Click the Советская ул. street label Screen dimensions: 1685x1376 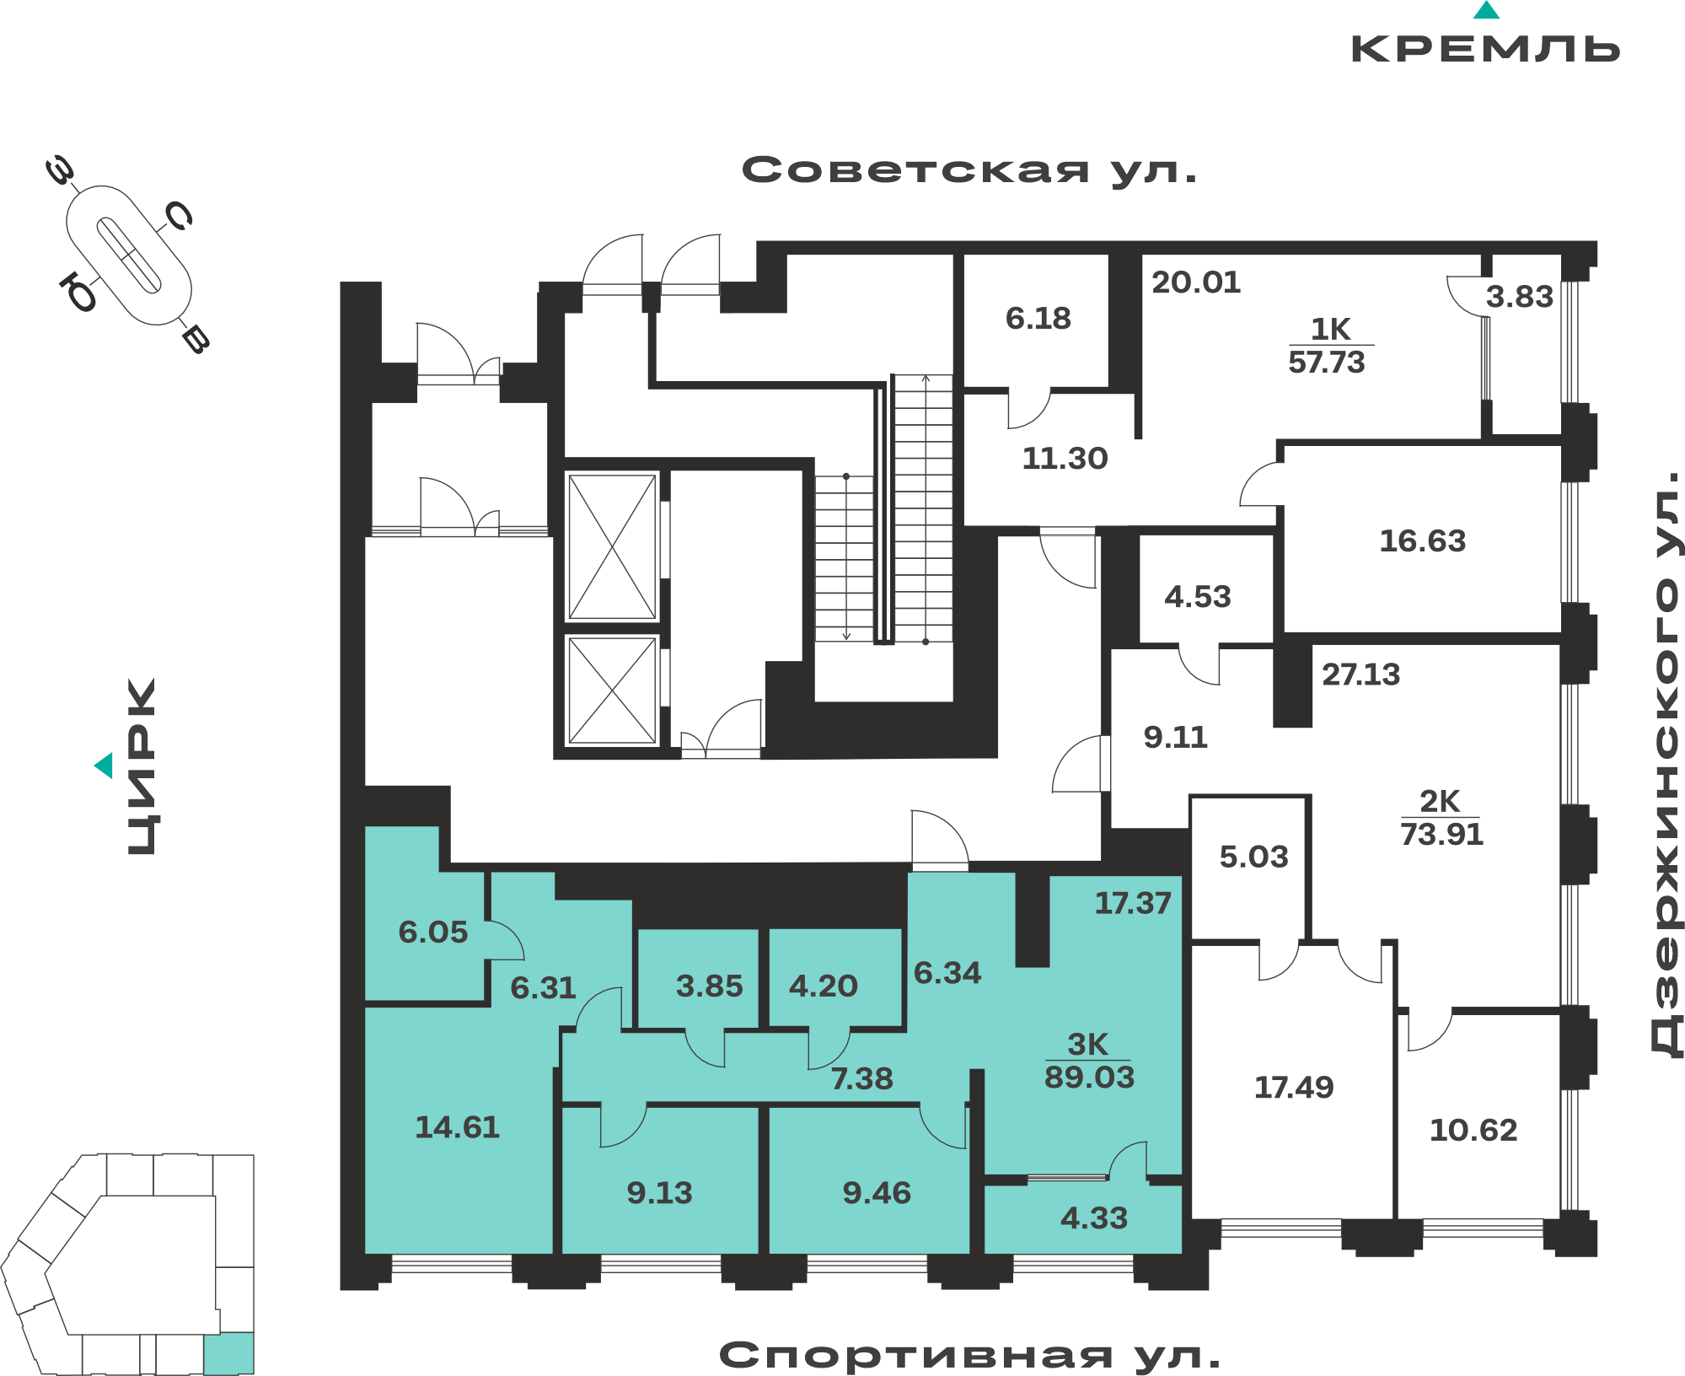click(x=969, y=170)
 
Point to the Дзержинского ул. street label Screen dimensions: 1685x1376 click(x=1665, y=762)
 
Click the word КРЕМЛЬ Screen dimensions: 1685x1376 click(x=1485, y=49)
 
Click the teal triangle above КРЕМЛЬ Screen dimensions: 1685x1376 click(x=1486, y=10)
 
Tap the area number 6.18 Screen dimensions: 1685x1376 click(x=1038, y=318)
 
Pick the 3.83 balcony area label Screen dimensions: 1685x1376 click(x=1519, y=297)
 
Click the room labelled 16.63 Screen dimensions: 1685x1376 click(x=1422, y=540)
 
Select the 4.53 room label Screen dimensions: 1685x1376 click(x=1197, y=597)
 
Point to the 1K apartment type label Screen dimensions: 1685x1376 click(x=1330, y=329)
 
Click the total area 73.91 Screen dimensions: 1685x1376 click(x=1441, y=835)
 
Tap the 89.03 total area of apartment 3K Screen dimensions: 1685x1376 click(x=1089, y=1078)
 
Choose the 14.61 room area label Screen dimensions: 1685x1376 click(x=457, y=1127)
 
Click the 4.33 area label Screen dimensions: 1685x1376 click(x=1093, y=1218)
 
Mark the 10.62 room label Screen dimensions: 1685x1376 click(x=1473, y=1131)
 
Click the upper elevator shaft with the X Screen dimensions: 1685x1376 click(x=612, y=547)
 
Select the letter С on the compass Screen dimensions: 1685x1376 click(x=179, y=216)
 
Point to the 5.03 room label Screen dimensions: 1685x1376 click(x=1253, y=857)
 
